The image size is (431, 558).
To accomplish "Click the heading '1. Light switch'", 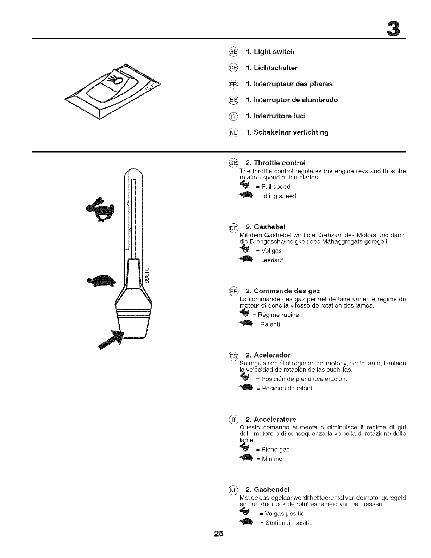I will [270, 52].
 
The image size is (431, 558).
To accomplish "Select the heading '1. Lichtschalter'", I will [272, 68].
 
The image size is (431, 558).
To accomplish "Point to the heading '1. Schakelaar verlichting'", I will [287, 132].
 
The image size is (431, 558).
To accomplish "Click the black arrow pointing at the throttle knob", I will [112, 339].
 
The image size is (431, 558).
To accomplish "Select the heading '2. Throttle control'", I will [275, 163].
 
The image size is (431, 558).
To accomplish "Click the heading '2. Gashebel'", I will [266, 226].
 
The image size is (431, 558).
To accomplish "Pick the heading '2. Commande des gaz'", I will [283, 291].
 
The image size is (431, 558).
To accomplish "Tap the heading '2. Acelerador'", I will [268, 355].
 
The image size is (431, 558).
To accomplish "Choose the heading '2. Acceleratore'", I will [271, 419].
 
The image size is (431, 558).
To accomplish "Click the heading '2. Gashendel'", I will [267, 489].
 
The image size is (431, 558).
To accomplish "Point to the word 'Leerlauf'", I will [271, 260].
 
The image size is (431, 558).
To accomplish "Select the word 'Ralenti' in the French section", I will [270, 324].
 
